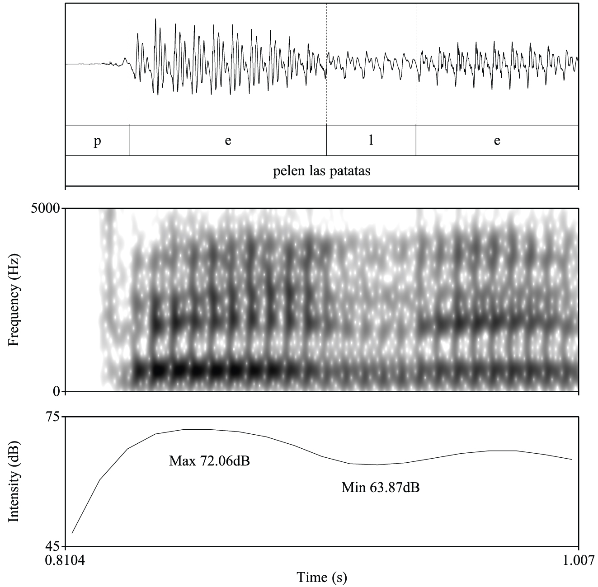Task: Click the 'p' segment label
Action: (97, 141)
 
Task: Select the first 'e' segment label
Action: (228, 141)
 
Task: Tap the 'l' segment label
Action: (371, 141)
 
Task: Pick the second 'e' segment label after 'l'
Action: (497, 141)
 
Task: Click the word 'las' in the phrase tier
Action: (315, 172)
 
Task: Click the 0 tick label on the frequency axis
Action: (57, 391)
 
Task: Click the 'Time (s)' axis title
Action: (322, 577)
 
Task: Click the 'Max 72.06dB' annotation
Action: (209, 461)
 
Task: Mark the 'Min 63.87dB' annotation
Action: (381, 488)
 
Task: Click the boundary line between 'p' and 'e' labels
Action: (130, 141)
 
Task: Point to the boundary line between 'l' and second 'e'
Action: (416, 141)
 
